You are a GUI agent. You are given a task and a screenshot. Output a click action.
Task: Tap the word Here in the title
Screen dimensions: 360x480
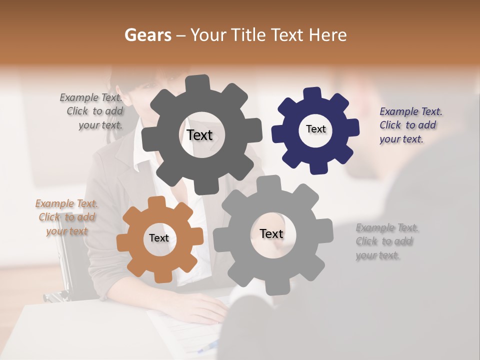click(x=327, y=35)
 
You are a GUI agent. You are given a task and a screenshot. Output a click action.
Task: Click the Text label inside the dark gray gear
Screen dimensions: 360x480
click(x=199, y=135)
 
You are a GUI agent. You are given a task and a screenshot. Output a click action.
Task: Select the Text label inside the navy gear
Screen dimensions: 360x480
click(x=315, y=129)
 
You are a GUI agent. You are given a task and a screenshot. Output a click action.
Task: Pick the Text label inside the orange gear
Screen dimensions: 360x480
click(x=159, y=238)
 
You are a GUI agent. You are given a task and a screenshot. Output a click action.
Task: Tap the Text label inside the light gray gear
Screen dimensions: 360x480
click(x=271, y=233)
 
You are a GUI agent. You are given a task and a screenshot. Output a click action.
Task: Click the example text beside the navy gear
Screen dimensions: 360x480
click(x=410, y=125)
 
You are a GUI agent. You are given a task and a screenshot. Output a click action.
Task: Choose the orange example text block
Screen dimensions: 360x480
click(x=66, y=217)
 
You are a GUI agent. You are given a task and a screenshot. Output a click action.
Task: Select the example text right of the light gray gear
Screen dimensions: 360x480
click(x=387, y=241)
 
